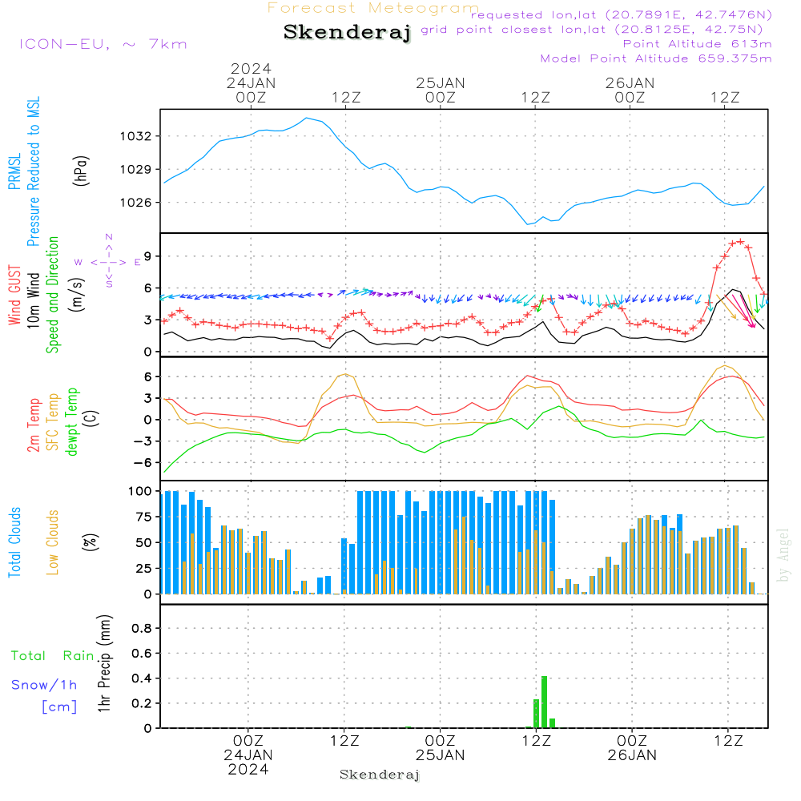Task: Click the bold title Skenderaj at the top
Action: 348,32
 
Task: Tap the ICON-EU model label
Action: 64,44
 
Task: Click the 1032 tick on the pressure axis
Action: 135,136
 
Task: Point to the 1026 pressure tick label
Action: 135,203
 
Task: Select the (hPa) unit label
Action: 81,171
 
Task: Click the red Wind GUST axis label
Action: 14,295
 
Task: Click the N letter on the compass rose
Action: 109,237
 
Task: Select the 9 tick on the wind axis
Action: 147,256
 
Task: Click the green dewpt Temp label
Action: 72,421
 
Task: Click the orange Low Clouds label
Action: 53,542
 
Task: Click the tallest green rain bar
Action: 545,702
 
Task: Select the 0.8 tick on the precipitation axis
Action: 142,628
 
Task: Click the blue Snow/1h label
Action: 44,685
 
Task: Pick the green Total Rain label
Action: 53,656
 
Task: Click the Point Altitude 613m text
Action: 697,44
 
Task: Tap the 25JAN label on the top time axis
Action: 440,83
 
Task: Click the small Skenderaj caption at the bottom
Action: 380,775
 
